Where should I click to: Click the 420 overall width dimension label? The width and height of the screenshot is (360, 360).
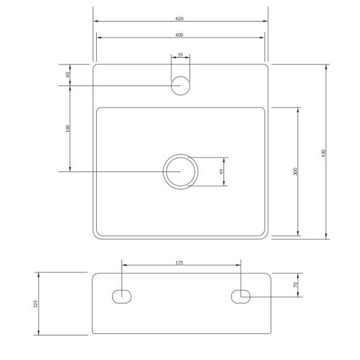(x=179, y=19)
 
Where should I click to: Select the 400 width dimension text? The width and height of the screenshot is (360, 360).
(x=179, y=35)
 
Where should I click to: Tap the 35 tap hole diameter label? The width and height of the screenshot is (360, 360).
(x=180, y=55)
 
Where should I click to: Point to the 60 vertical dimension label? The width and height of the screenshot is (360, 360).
(x=68, y=74)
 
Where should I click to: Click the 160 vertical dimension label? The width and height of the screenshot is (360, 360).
(x=68, y=128)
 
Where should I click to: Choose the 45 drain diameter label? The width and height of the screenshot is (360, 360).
(x=221, y=171)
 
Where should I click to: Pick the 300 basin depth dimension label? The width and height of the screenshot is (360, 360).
(x=296, y=171)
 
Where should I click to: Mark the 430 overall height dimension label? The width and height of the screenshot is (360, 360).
(x=323, y=153)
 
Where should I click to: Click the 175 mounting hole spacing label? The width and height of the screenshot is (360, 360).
(x=179, y=262)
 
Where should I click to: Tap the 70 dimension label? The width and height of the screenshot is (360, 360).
(x=296, y=284)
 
